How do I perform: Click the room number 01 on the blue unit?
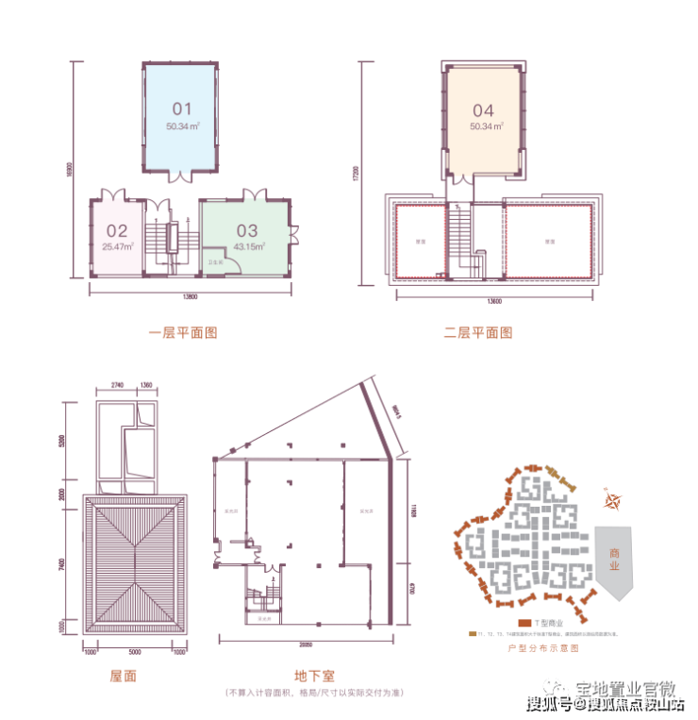pyautogui.click(x=182, y=108)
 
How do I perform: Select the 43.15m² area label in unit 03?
pyautogui.click(x=248, y=245)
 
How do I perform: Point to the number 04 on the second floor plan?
pyautogui.click(x=483, y=108)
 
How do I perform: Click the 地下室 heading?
pyautogui.click(x=312, y=677)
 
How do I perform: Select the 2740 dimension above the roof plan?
pyautogui.click(x=118, y=385)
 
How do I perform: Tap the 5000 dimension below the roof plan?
pyautogui.click(x=135, y=651)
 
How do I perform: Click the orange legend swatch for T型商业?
pyautogui.click(x=525, y=623)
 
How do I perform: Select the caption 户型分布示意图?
pyautogui.click(x=541, y=648)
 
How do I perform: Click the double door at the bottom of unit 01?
pyautogui.click(x=182, y=176)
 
